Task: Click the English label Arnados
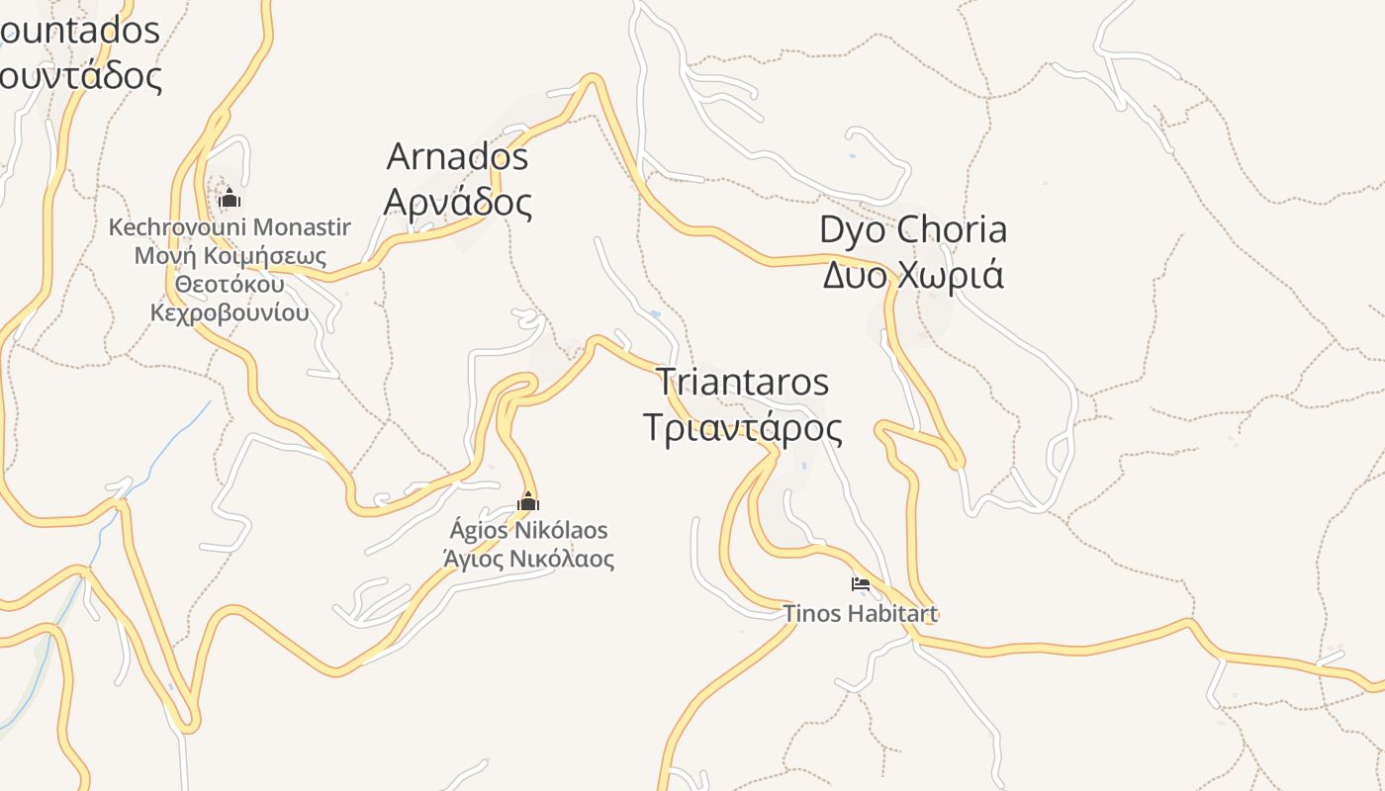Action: (x=457, y=156)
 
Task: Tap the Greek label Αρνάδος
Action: (x=457, y=202)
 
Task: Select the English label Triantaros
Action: (x=742, y=382)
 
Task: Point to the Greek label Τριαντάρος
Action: (x=742, y=429)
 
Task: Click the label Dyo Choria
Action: (x=912, y=229)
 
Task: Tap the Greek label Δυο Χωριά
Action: (x=912, y=275)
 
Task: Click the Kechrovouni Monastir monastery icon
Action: (x=230, y=199)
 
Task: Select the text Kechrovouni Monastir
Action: (x=230, y=227)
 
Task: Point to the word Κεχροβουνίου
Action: (x=230, y=313)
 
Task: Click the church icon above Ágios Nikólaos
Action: (x=528, y=502)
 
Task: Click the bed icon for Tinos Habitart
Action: (x=860, y=584)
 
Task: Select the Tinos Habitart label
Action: (x=860, y=614)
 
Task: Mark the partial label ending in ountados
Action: (x=79, y=32)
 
